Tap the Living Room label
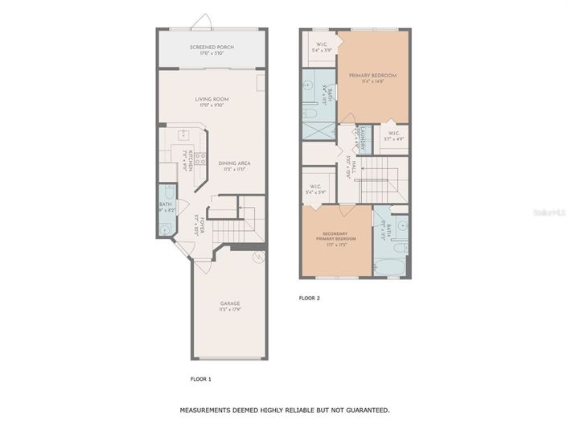[212, 101]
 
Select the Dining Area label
[235, 166]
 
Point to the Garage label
[230, 307]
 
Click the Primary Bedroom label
[372, 78]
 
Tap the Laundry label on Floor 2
[364, 138]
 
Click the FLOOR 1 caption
[200, 378]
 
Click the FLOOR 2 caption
[310, 298]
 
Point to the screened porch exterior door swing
[206, 21]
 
